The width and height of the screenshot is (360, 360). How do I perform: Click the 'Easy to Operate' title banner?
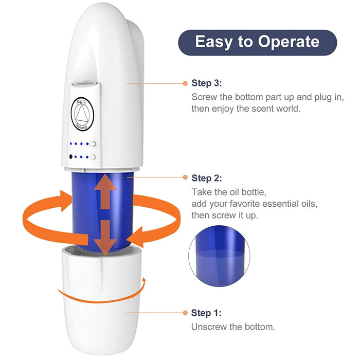[x=257, y=42]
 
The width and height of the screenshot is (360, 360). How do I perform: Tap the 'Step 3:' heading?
[x=207, y=83]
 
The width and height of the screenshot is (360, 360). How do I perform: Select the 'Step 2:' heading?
[x=207, y=178]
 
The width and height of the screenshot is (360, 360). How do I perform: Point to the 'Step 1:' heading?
[x=207, y=313]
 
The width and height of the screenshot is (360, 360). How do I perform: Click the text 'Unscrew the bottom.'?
[x=233, y=327]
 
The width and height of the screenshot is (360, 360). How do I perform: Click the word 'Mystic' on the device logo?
[x=83, y=101]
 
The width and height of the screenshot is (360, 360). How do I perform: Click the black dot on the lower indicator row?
[x=69, y=157]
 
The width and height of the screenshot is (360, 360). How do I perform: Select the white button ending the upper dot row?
[x=94, y=145]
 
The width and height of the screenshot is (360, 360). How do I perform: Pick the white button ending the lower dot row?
[x=94, y=157]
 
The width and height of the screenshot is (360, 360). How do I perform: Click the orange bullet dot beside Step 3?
[x=185, y=83]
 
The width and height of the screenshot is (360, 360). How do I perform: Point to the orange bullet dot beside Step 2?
[x=185, y=178]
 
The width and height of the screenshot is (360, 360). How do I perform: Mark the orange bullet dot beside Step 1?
[x=185, y=313]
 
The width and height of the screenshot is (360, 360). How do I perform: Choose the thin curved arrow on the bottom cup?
[x=103, y=293]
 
